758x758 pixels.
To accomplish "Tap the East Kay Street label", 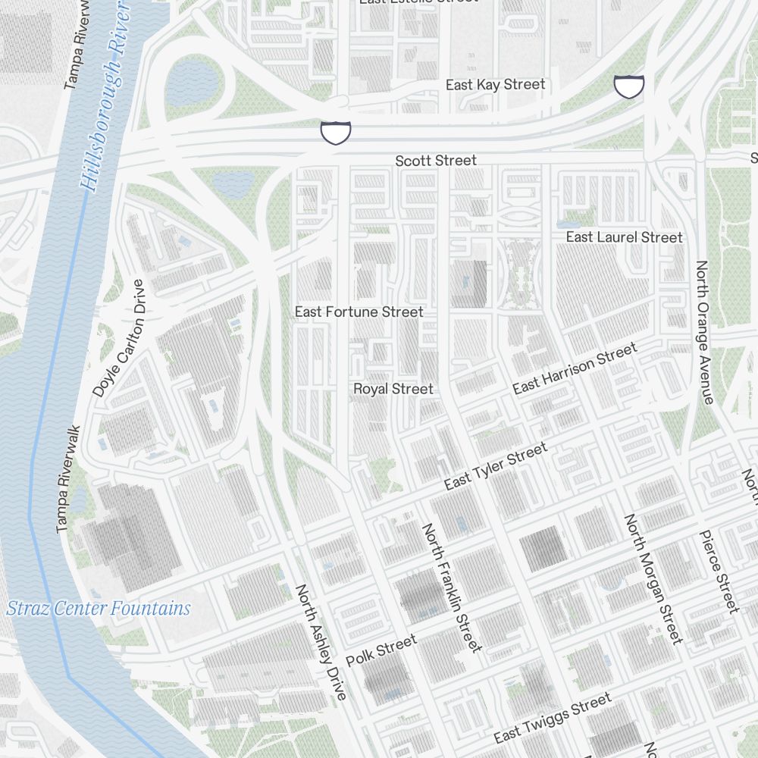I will point(495,84).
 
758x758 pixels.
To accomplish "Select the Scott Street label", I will point(436,160).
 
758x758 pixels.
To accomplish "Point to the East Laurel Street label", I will point(624,237).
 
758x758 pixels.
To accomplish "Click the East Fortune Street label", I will point(359,312).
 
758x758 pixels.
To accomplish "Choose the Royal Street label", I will point(393,389).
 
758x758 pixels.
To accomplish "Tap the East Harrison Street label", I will point(575,368).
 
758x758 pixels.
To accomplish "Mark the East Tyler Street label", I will point(495,467).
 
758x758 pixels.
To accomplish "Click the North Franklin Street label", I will point(452,587).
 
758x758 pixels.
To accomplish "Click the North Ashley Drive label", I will point(321,641).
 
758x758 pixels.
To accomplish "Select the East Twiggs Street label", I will point(552,719).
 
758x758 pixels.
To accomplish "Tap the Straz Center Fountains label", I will point(99,608).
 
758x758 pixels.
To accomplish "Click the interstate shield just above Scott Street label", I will point(335,132).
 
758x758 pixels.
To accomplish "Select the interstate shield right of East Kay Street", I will point(628,86).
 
